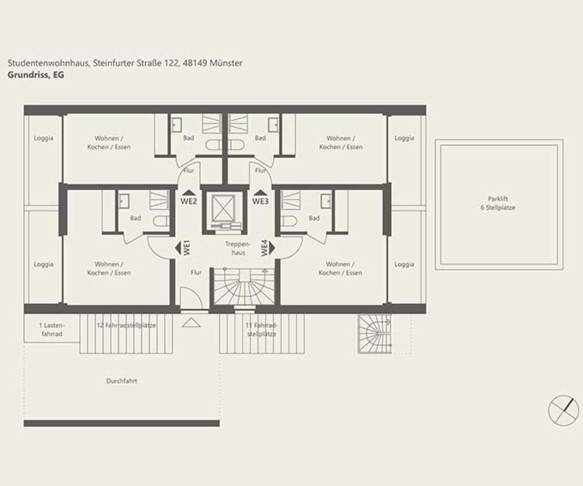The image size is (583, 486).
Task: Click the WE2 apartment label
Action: (x=189, y=201)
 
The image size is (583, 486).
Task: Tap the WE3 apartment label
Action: (x=260, y=201)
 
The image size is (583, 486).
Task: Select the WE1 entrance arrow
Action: (x=178, y=248)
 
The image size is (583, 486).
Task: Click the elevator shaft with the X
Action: (x=223, y=208)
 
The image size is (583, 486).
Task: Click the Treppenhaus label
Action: (x=238, y=248)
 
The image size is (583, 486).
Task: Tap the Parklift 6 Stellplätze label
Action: (x=498, y=203)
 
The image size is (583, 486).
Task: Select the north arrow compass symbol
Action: (x=564, y=411)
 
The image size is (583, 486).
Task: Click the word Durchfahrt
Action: (x=122, y=381)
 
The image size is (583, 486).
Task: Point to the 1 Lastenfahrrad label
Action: (x=52, y=330)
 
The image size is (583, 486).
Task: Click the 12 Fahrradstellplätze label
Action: (x=126, y=325)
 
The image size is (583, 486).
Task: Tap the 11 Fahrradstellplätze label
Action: (x=262, y=330)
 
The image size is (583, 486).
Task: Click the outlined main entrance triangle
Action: (x=191, y=323)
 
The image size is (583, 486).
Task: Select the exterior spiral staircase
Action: (x=375, y=334)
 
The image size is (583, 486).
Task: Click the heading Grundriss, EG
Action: (x=36, y=75)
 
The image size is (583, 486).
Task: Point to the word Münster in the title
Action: (x=226, y=63)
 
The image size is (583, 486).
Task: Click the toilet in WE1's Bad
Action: (x=161, y=221)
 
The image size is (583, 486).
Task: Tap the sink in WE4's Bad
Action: (x=326, y=201)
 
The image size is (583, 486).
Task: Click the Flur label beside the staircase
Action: (x=196, y=272)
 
